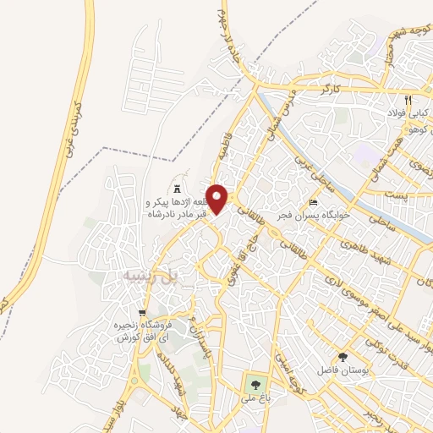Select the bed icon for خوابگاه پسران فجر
tap(314, 203)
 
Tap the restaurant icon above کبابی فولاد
tap(408, 99)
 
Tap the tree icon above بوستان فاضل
tap(343, 356)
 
